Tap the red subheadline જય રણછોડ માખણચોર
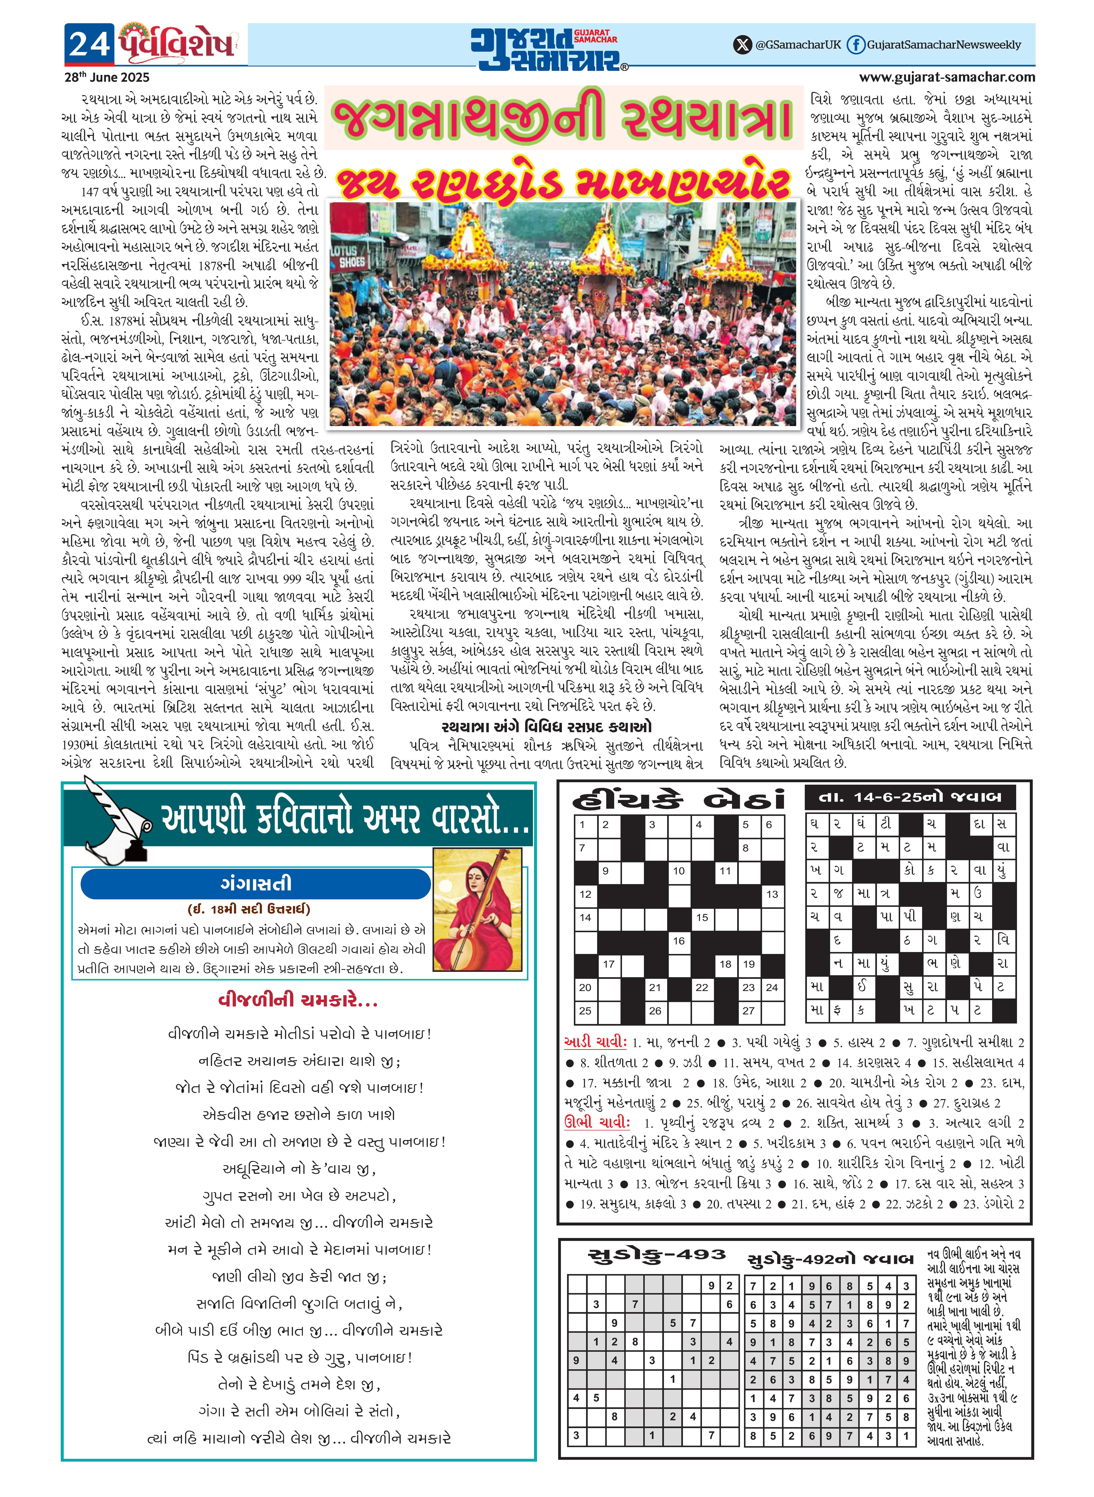(x=563, y=183)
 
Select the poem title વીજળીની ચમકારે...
(x=298, y=1000)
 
